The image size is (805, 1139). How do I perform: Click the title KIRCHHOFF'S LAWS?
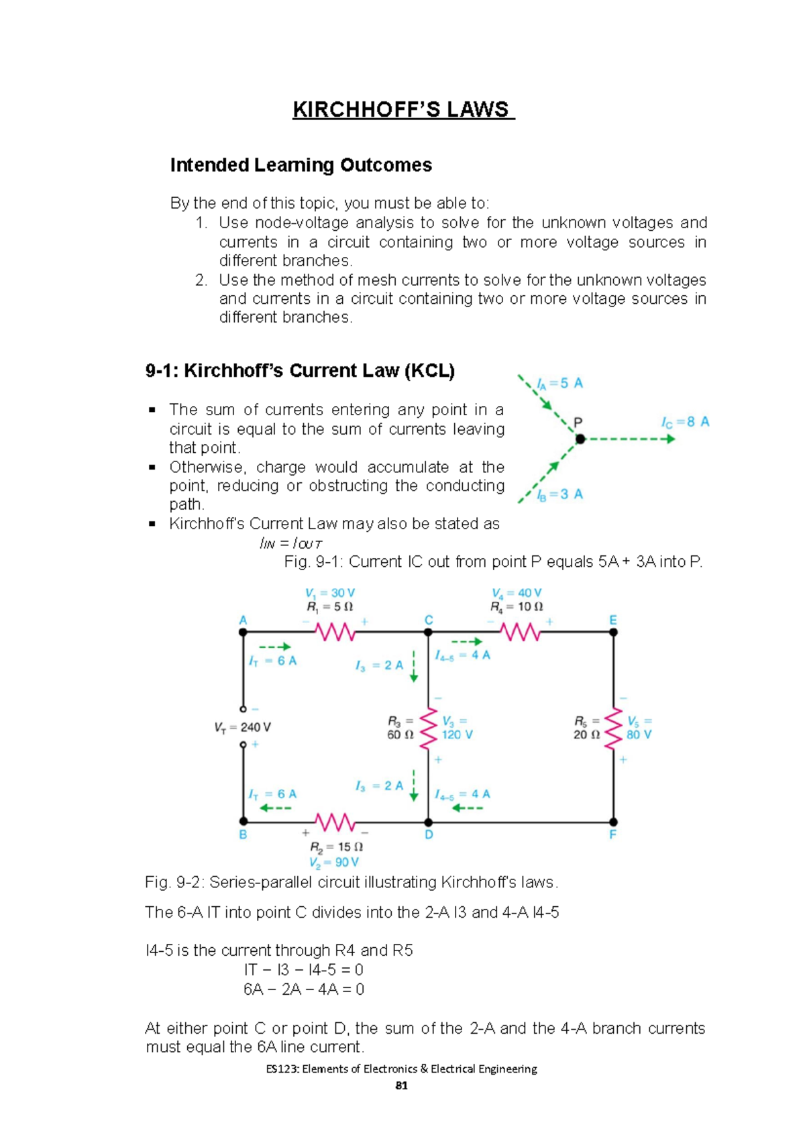[402, 109]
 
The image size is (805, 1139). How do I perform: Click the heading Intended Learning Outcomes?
[301, 165]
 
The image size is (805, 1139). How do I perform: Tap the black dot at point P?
[580, 439]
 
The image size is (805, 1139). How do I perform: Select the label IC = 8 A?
[684, 422]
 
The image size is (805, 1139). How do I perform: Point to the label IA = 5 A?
[559, 383]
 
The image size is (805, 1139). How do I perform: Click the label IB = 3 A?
[559, 494]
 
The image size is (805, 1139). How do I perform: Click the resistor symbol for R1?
[335, 632]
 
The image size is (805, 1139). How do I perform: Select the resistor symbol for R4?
[520, 632]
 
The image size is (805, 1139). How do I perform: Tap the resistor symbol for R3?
[428, 728]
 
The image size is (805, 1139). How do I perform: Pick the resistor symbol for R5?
[613, 728]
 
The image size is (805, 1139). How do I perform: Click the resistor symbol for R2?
[335, 822]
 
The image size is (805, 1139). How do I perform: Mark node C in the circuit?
[428, 632]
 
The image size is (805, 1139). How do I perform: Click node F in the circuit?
[613, 822]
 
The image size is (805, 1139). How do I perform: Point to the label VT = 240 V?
[242, 727]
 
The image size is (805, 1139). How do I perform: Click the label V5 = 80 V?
[639, 728]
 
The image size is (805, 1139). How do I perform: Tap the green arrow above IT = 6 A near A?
[274, 647]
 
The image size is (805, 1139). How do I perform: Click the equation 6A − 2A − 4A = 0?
[304, 989]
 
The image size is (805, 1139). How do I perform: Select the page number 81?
[401, 1085]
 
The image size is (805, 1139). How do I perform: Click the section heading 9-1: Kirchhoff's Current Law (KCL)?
[300, 371]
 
